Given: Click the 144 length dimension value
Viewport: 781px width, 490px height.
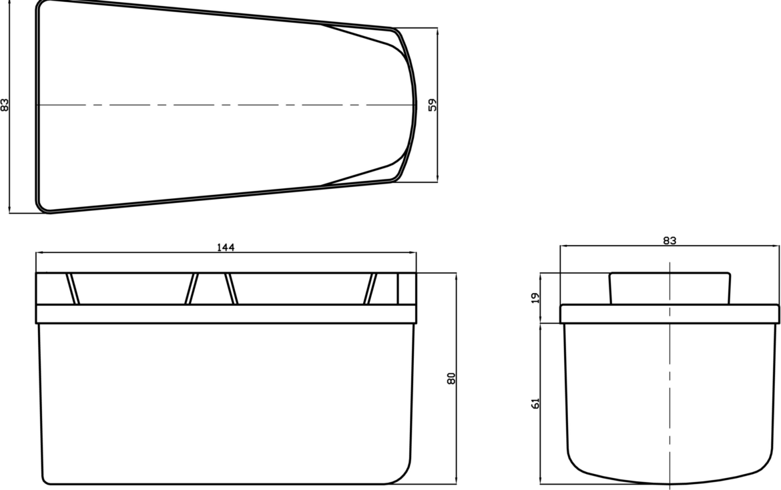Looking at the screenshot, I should pyautogui.click(x=226, y=248).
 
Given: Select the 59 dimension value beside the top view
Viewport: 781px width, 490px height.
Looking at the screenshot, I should pyautogui.click(x=433, y=104).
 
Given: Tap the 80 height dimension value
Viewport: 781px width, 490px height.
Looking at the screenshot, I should pyautogui.click(x=451, y=378).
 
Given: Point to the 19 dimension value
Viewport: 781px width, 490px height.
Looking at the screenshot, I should pyautogui.click(x=535, y=298).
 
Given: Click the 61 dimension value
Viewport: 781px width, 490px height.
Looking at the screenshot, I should pyautogui.click(x=535, y=403).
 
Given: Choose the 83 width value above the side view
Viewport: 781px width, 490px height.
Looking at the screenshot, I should pyautogui.click(x=670, y=240).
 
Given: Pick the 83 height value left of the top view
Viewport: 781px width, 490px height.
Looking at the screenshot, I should pyautogui.click(x=5, y=105).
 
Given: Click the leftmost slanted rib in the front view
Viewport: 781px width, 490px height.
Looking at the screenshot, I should pyautogui.click(x=73, y=288).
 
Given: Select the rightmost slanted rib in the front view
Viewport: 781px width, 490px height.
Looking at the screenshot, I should pyautogui.click(x=370, y=288).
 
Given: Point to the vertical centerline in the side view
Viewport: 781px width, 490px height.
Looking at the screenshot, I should pyautogui.click(x=670, y=401).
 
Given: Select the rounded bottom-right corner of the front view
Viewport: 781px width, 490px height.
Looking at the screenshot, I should pyautogui.click(x=405, y=471).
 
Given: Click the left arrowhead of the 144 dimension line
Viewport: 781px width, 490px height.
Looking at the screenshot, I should pyautogui.click(x=39, y=253).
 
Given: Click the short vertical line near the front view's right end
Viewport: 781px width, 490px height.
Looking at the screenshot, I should pyautogui.click(x=398, y=288).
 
